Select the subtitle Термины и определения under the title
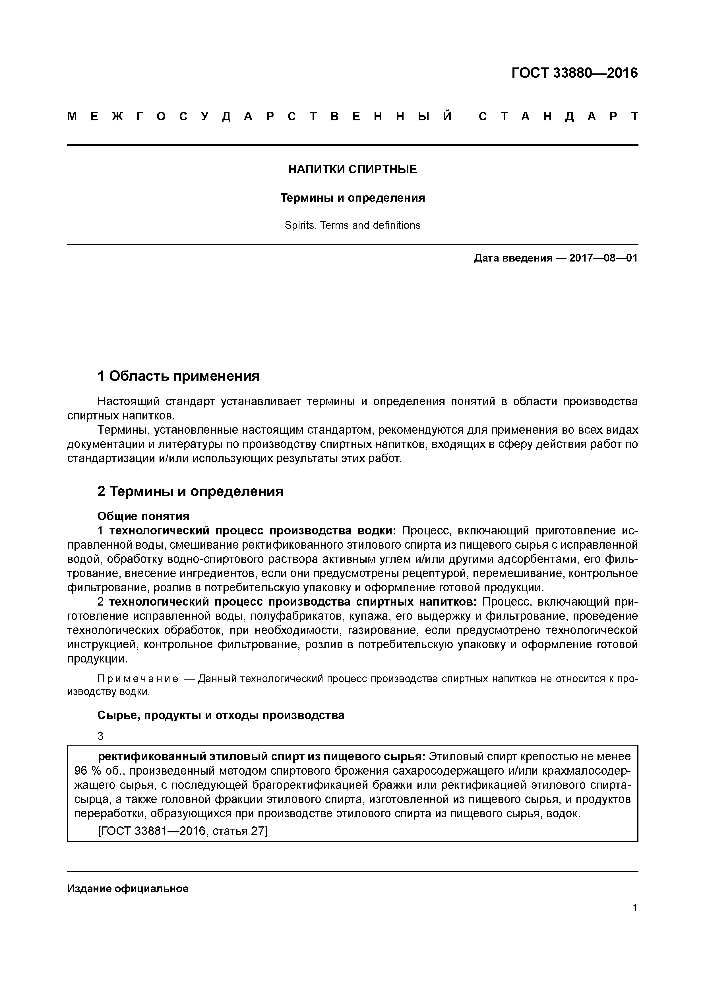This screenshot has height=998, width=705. (352, 198)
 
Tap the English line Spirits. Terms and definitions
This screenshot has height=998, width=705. (352, 225)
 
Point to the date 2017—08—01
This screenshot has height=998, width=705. (603, 258)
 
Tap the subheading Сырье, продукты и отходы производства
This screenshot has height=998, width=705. (221, 715)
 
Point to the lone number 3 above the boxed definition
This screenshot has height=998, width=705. (101, 736)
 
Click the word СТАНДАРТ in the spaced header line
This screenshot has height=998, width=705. (559, 116)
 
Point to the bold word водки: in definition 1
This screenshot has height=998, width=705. (376, 531)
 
